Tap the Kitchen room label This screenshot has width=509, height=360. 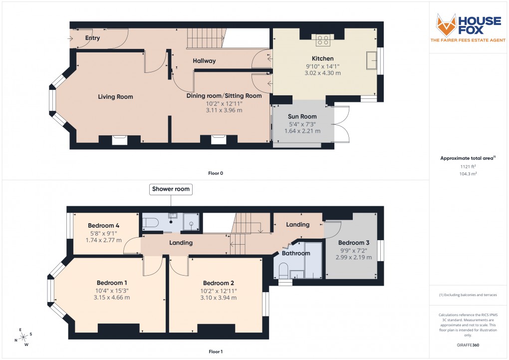[322, 58]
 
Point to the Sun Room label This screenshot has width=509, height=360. [302, 116]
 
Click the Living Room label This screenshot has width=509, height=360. [115, 96]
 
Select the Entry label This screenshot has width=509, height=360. [92, 38]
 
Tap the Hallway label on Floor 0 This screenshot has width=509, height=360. [204, 61]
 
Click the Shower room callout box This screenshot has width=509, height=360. [171, 189]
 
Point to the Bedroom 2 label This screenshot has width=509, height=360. [219, 283]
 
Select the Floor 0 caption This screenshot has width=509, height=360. [216, 173]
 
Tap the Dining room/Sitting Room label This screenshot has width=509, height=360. [224, 96]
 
